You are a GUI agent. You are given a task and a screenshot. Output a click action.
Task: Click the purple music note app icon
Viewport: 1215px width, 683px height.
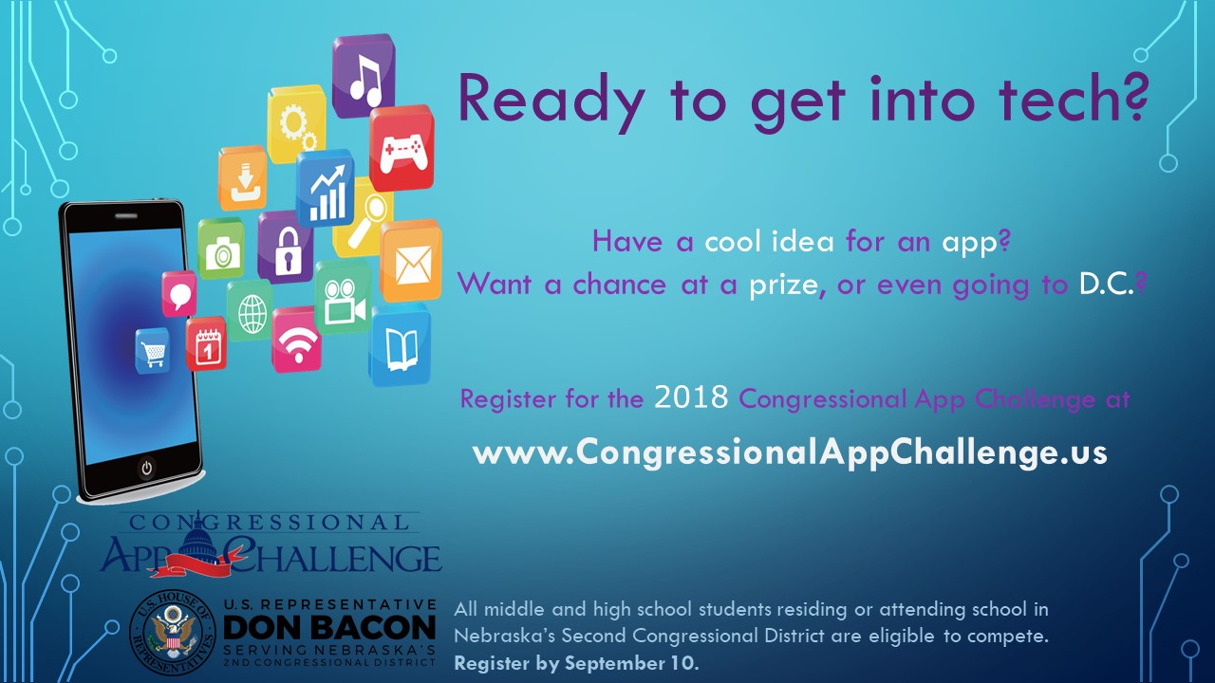click(364, 75)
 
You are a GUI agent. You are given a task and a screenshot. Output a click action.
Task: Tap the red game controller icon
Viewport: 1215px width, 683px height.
click(402, 149)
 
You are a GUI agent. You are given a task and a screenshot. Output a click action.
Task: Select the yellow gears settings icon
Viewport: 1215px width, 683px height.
click(296, 123)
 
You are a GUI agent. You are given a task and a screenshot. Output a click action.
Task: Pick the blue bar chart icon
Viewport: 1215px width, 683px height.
click(325, 189)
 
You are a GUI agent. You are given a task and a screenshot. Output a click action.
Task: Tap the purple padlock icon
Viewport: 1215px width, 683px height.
click(286, 248)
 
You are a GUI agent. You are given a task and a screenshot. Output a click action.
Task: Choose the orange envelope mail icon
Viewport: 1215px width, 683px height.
click(411, 261)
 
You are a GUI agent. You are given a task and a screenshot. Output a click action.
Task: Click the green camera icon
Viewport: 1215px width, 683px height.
click(221, 249)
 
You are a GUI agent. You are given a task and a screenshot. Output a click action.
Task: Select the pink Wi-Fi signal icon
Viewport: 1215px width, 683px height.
click(296, 341)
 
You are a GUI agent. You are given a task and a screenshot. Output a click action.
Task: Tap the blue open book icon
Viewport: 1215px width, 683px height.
click(401, 344)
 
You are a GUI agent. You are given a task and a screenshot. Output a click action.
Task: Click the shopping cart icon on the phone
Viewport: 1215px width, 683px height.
click(153, 351)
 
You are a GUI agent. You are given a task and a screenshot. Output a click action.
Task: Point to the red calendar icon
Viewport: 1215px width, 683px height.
click(206, 344)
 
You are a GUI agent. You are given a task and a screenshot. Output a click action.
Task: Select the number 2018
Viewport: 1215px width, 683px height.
click(691, 397)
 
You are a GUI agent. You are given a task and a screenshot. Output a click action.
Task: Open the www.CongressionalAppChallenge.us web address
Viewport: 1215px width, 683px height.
click(790, 452)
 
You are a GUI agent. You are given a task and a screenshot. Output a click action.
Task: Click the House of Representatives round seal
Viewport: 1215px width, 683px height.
click(173, 633)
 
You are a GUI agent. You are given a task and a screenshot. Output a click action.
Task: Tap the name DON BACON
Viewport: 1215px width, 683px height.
click(329, 628)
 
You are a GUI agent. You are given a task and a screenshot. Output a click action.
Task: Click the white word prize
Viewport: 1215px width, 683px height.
click(783, 286)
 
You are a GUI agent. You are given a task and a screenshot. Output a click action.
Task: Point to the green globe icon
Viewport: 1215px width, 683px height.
click(251, 311)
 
